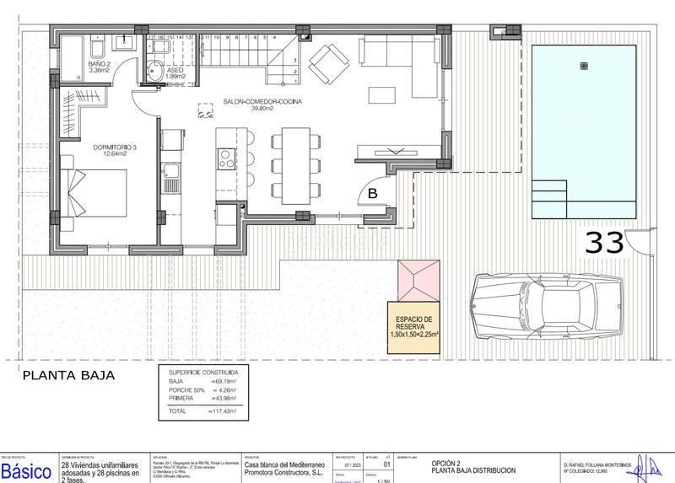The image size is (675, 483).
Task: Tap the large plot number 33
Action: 605,243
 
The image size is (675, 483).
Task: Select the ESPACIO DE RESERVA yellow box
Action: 414,325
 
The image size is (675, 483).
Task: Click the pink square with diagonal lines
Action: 419,278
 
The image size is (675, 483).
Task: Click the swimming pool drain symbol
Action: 581,66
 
